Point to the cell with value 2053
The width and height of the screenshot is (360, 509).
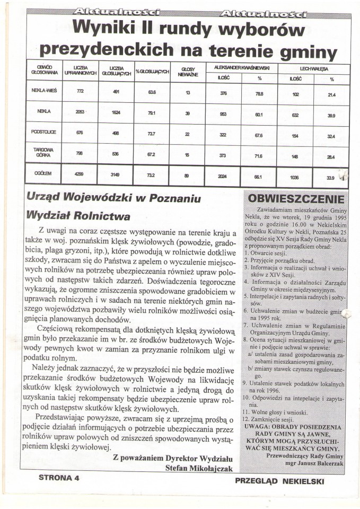click(81, 112)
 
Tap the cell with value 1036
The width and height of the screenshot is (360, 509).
click(295, 178)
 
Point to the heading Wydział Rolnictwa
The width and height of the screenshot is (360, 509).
click(78, 216)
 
